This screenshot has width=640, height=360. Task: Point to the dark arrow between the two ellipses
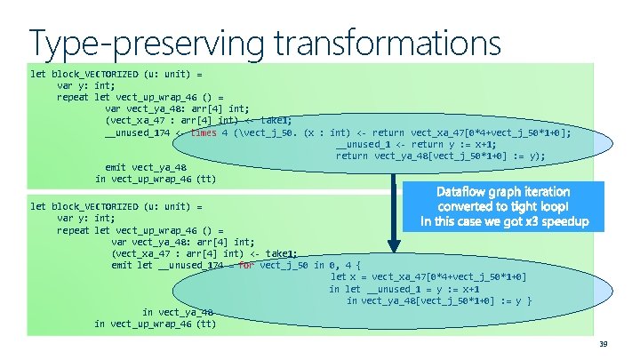[x=394, y=213]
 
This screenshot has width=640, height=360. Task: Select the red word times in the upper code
[x=204, y=132]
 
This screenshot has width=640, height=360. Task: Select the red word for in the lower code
[x=245, y=265]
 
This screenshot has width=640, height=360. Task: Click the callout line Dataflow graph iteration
[x=503, y=191]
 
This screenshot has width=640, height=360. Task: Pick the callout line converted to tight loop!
[x=503, y=205]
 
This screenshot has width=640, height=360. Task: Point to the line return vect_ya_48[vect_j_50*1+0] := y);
[x=440, y=156]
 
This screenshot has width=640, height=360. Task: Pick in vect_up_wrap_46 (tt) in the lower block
[x=156, y=324]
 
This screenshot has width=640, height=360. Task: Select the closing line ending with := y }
[x=439, y=300]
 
